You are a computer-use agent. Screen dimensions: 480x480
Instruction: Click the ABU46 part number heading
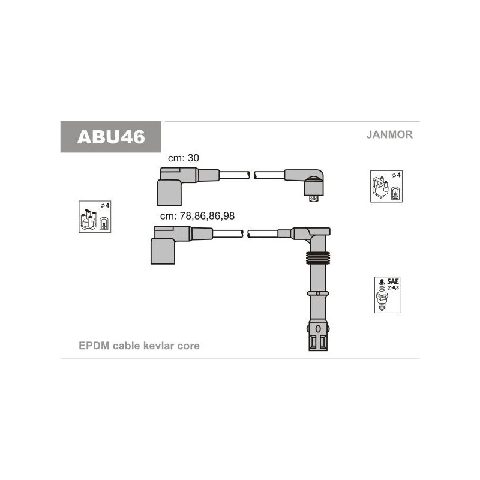(x=111, y=137)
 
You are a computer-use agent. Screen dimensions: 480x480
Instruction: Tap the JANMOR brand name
(x=389, y=134)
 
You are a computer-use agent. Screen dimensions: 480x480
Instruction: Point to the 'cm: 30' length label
(x=184, y=158)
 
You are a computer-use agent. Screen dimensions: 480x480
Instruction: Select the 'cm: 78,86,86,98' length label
(x=197, y=216)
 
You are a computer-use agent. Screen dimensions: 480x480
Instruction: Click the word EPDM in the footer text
(x=94, y=346)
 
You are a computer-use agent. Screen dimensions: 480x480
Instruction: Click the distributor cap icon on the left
(x=95, y=217)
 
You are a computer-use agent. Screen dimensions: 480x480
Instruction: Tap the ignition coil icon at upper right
(x=386, y=187)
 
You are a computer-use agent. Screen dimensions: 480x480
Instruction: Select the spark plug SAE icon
(x=387, y=295)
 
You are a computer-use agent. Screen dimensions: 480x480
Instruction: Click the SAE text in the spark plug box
(x=393, y=281)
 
